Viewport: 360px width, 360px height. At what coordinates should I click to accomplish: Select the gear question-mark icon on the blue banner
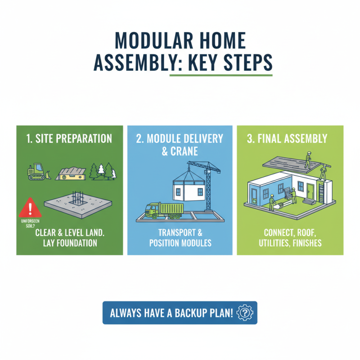(x=245, y=312)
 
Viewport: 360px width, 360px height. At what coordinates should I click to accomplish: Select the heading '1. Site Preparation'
(x=69, y=138)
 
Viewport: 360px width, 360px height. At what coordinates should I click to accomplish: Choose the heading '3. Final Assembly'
(x=290, y=138)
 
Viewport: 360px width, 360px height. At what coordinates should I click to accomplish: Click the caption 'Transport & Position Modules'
(x=180, y=238)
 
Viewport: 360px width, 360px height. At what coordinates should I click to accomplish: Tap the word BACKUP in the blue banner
(x=189, y=313)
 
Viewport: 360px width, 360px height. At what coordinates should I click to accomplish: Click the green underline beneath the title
(x=220, y=75)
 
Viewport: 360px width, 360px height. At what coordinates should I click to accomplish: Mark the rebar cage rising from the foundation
(x=77, y=199)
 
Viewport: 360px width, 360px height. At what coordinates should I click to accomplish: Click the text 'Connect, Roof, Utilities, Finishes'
(x=290, y=238)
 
